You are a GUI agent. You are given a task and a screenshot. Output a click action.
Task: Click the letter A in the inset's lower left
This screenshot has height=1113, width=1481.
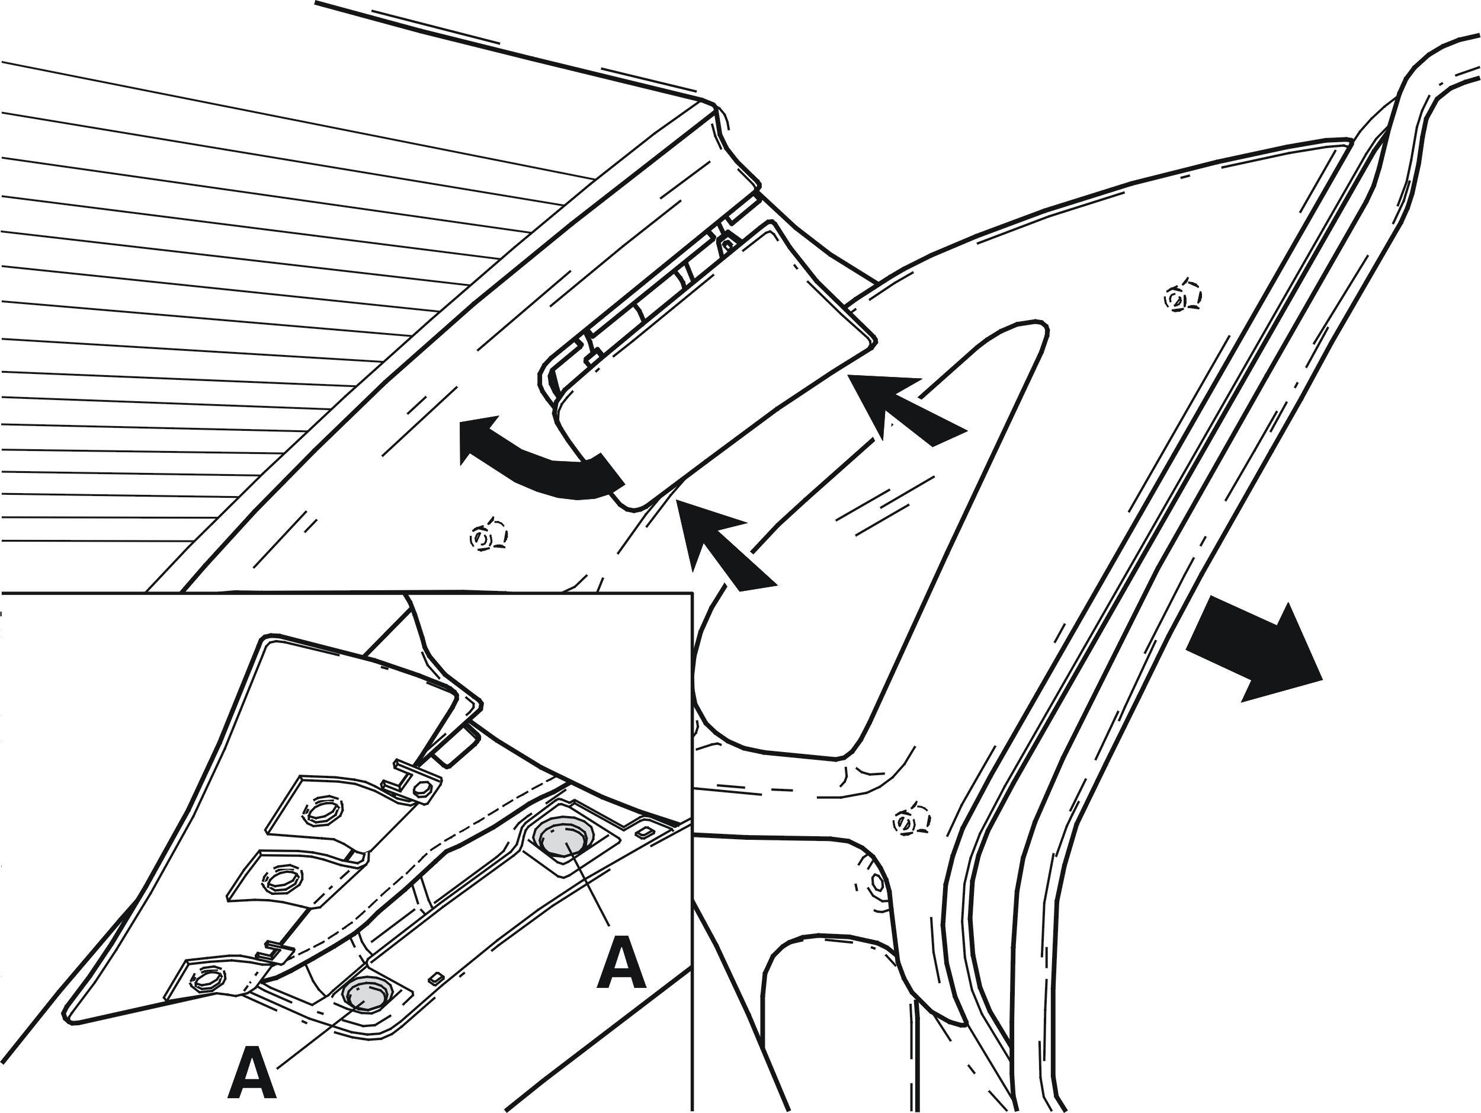click(x=252, y=1072)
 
